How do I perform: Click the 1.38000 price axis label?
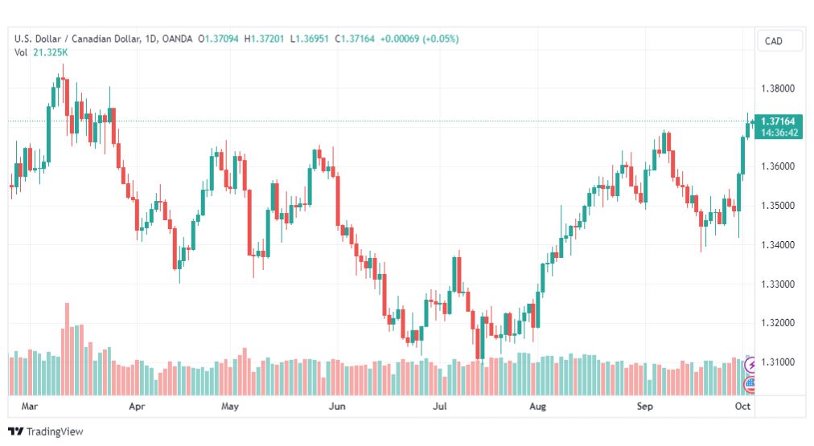click(x=778, y=88)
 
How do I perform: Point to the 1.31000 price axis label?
click(x=778, y=362)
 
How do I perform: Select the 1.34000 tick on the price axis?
click(x=778, y=245)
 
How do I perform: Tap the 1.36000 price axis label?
click(x=778, y=166)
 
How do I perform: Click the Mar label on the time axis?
click(x=30, y=406)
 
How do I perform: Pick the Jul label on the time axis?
click(x=440, y=406)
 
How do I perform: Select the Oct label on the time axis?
click(x=742, y=406)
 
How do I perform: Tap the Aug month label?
click(x=537, y=406)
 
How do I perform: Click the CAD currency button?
click(x=774, y=41)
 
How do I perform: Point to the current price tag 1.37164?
click(x=778, y=121)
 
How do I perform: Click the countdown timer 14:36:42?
click(x=779, y=133)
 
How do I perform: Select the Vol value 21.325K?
click(x=51, y=52)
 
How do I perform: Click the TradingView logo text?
click(x=55, y=432)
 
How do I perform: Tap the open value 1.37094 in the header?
click(x=222, y=39)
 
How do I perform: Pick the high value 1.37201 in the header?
click(x=267, y=39)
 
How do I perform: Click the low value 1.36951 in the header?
click(x=312, y=39)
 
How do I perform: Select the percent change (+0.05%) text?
click(x=441, y=39)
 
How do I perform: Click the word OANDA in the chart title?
click(x=177, y=39)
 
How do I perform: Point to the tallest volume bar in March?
click(x=67, y=349)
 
